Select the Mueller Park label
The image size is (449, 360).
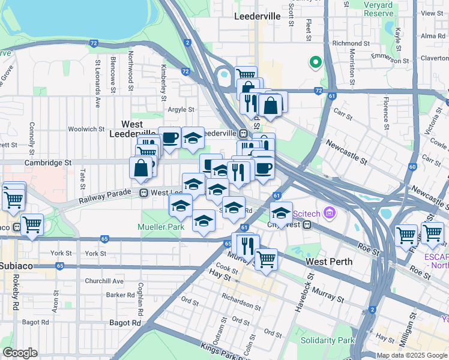tap(160, 227)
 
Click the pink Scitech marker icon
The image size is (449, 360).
tap(329, 212)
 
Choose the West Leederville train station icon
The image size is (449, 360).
tap(144, 193)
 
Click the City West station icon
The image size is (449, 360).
tap(307, 225)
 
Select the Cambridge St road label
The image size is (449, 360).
tap(48, 162)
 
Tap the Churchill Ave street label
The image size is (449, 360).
tap(104, 280)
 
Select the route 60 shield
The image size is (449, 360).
tap(412, 167)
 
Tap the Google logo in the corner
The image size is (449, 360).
tap(20, 352)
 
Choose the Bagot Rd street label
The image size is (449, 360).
tap(125, 322)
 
